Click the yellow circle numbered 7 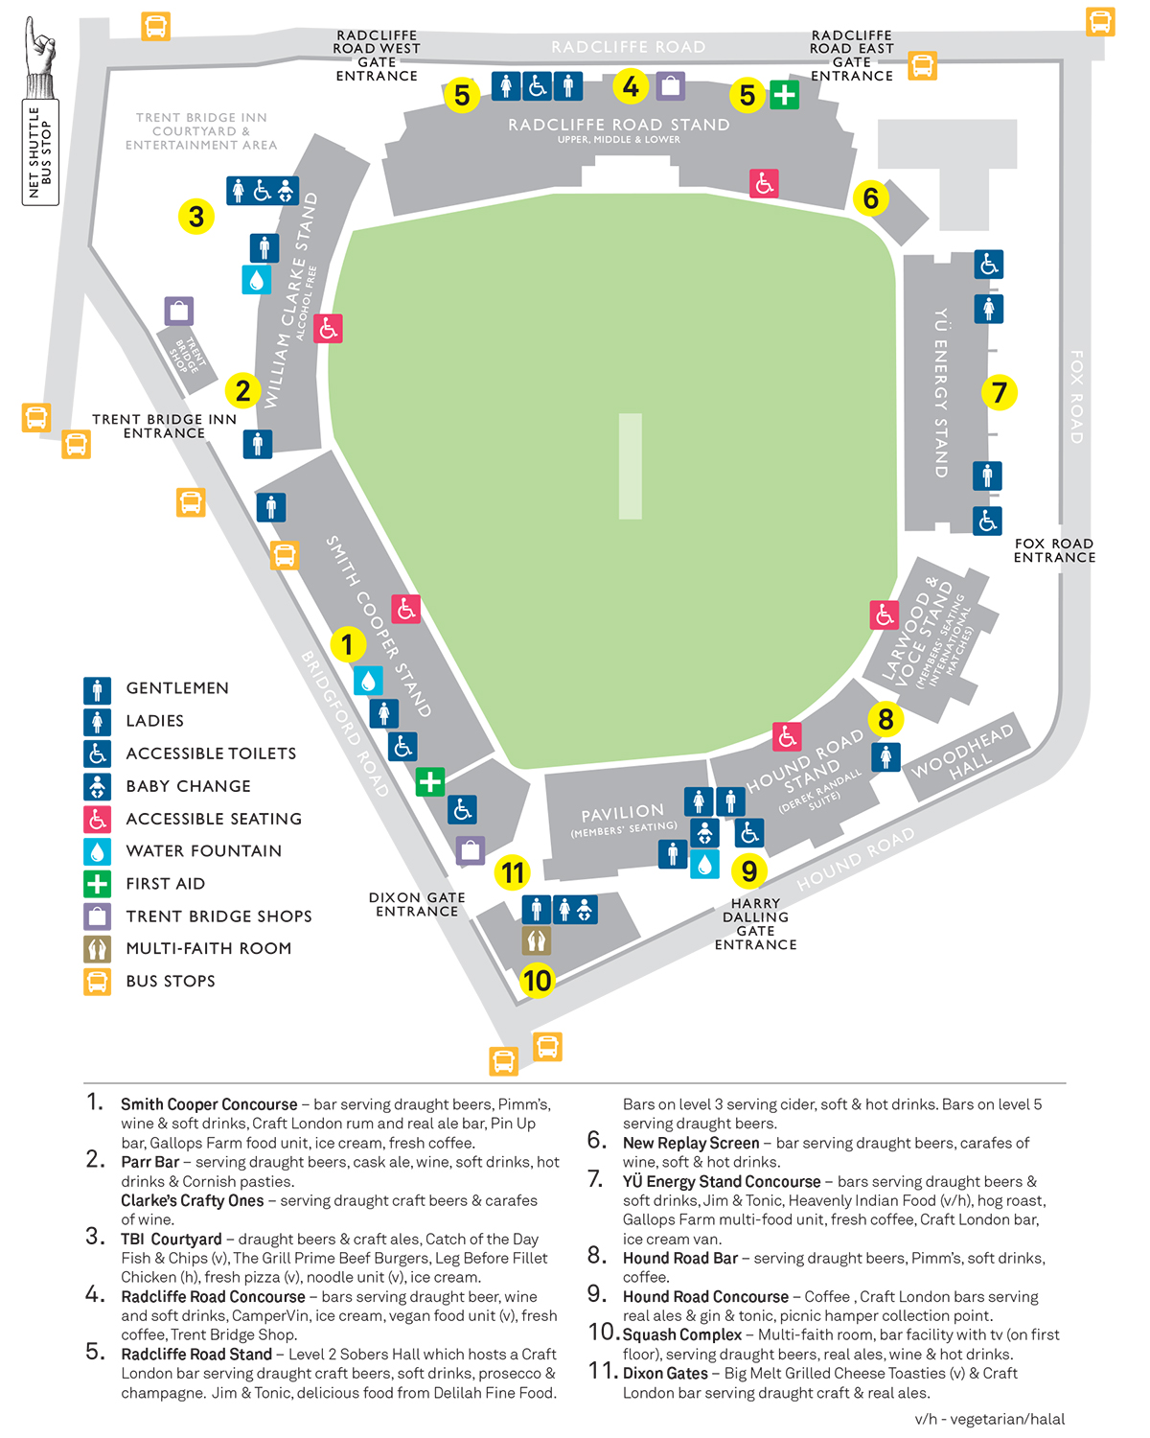pos(999,392)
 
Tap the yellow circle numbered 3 pos(195,217)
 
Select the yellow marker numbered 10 pos(537,981)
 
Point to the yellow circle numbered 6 pos(870,198)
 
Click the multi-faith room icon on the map pos(536,940)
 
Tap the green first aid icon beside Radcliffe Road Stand pos(784,94)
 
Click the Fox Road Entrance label pos(1054,550)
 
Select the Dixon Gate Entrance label pos(417,904)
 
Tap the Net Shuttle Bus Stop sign pos(40,152)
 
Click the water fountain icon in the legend pos(97,850)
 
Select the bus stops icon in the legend pos(97,982)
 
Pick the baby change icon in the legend pos(97,786)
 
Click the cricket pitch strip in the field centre pos(630,466)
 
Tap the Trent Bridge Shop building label pos(188,355)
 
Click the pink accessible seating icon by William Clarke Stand pos(328,328)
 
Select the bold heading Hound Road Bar pos(679,1258)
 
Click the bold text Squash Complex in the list pos(681,1334)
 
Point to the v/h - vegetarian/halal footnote pos(989,1419)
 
